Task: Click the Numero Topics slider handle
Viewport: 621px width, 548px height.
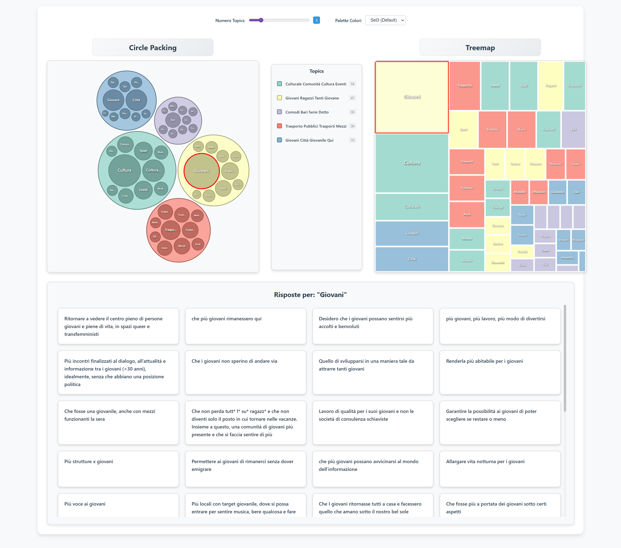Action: [261, 20]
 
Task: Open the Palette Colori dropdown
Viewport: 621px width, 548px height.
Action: [385, 20]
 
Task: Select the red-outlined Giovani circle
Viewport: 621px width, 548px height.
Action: [201, 171]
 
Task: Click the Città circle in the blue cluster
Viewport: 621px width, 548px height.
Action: [136, 100]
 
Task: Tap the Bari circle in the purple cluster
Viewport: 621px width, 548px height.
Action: [173, 120]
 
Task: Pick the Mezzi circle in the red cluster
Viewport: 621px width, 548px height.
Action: [182, 246]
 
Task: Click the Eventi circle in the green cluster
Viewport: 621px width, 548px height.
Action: [143, 190]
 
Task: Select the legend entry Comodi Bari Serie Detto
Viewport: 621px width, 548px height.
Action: [307, 112]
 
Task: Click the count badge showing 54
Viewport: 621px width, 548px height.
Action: [352, 84]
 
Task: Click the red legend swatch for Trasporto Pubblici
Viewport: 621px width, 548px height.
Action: [279, 126]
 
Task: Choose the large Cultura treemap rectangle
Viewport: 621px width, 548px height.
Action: [412, 163]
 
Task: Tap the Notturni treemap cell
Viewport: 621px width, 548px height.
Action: [555, 164]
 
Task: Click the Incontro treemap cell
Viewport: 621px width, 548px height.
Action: [567, 257]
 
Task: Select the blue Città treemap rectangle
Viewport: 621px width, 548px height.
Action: [412, 259]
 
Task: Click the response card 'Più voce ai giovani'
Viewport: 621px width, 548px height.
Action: [118, 504]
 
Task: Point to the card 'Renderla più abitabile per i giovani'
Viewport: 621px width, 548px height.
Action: [499, 372]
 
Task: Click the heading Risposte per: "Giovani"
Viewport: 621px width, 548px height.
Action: [310, 295]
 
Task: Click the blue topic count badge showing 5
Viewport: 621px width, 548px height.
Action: [316, 20]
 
